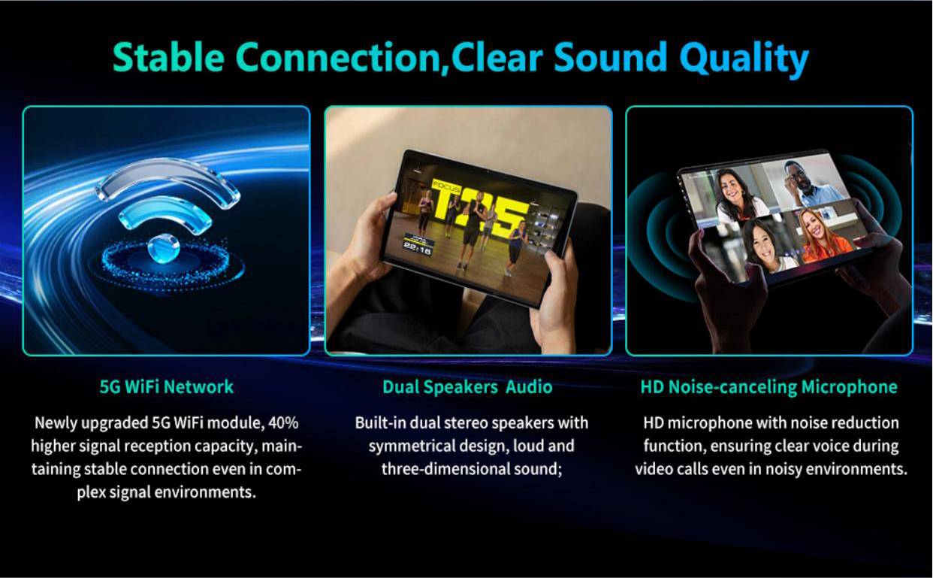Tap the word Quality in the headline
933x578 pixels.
click(744, 59)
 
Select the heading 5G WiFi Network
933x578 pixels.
click(167, 387)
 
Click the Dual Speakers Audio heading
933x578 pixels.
click(467, 388)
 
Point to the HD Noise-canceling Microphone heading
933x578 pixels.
click(769, 388)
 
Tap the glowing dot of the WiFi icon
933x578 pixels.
click(163, 247)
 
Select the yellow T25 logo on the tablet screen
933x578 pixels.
click(480, 210)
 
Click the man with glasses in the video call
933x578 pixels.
click(806, 184)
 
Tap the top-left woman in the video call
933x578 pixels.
click(736, 193)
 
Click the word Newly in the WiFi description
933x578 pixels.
click(56, 423)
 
